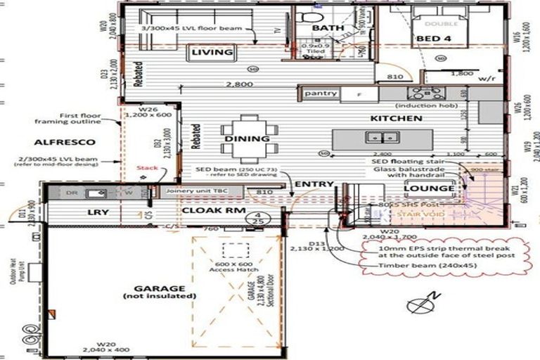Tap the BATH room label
coord(328,27)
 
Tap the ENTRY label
coord(314,184)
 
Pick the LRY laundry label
coord(97,212)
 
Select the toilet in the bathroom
coord(310,15)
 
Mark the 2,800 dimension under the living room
coord(239,84)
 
